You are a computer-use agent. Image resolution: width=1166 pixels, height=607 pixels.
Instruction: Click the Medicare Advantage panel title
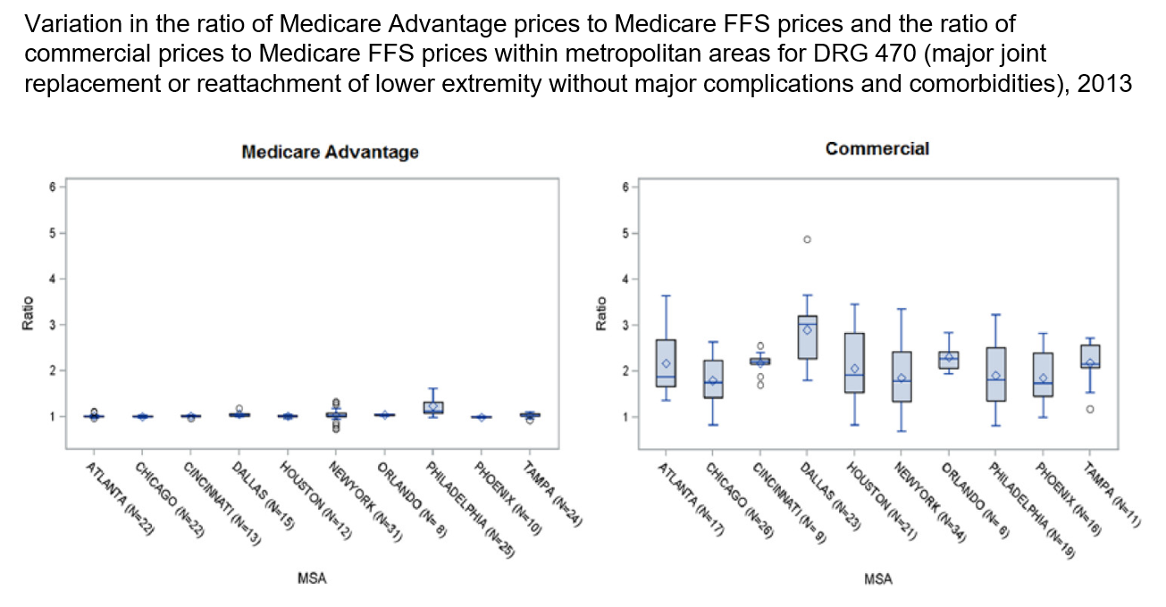[330, 152]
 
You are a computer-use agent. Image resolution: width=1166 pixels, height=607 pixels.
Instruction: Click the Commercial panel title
[877, 149]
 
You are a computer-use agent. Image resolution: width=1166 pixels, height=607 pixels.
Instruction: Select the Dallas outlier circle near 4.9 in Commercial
[807, 239]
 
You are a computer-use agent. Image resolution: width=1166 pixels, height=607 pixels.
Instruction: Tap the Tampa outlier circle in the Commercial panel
[1090, 409]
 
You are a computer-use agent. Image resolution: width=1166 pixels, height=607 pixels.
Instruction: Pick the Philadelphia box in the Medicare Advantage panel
[432, 407]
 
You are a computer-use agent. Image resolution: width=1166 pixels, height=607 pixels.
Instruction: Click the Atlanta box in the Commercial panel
[666, 362]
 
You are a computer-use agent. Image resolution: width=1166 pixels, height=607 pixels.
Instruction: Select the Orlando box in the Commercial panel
[949, 360]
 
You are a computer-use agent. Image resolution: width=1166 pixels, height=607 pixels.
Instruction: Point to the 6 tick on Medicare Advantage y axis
[53, 187]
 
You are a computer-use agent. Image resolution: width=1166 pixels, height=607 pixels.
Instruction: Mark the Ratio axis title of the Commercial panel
[602, 313]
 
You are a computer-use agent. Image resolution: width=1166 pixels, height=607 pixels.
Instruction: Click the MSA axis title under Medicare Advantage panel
[312, 579]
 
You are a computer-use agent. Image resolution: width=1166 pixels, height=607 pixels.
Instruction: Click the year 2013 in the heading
[1104, 85]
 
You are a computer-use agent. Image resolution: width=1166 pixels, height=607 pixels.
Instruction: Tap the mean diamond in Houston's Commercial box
[854, 369]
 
